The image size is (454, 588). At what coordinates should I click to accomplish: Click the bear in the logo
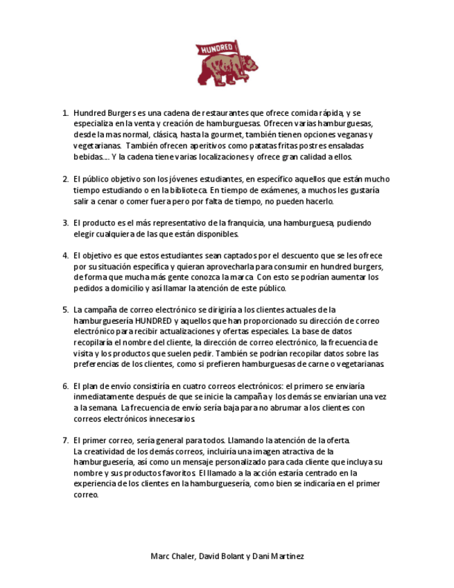(x=229, y=69)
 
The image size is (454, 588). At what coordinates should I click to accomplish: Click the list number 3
(x=65, y=223)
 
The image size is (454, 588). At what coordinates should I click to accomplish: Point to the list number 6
(x=65, y=386)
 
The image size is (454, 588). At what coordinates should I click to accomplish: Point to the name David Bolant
(x=221, y=556)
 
